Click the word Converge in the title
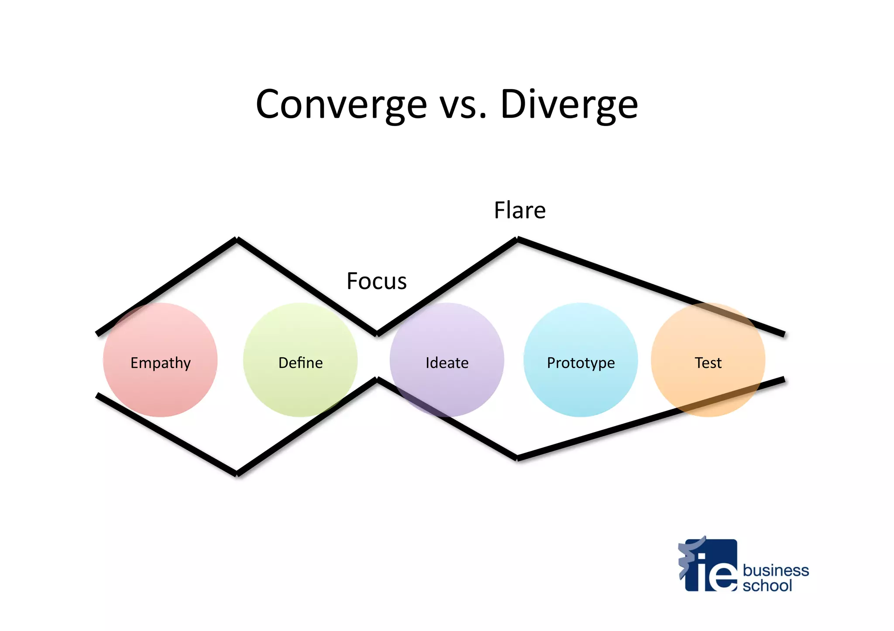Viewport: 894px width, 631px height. click(x=341, y=105)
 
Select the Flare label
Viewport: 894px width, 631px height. click(x=519, y=210)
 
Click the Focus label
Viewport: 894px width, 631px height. click(x=376, y=281)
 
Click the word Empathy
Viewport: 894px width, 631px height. click(x=161, y=363)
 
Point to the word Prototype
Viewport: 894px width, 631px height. click(x=581, y=363)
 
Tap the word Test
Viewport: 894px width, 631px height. click(x=708, y=363)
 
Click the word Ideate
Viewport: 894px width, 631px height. click(x=447, y=363)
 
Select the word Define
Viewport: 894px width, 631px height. click(x=300, y=363)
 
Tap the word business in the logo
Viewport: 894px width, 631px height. click(x=776, y=570)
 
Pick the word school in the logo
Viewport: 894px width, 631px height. click(x=767, y=585)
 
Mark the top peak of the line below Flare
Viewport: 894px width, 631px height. click(x=517, y=239)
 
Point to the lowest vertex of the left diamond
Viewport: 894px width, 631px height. click(x=237, y=474)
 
